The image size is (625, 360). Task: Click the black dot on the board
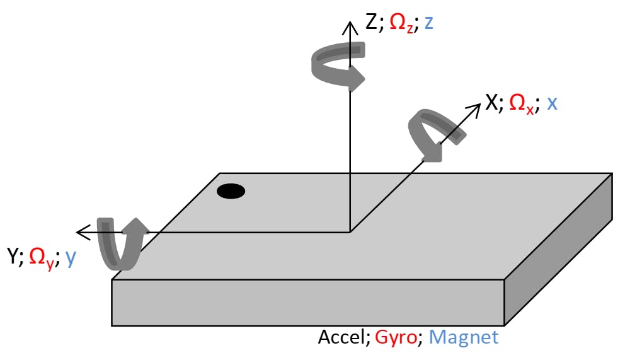(x=231, y=192)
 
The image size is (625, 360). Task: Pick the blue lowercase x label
(x=551, y=103)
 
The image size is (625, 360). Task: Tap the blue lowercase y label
(x=70, y=258)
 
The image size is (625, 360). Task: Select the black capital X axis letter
(x=491, y=103)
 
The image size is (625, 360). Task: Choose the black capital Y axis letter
(x=12, y=257)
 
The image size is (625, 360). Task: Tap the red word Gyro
(x=396, y=338)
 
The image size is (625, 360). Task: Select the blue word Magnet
(x=464, y=337)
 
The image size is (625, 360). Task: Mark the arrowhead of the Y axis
(x=80, y=232)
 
